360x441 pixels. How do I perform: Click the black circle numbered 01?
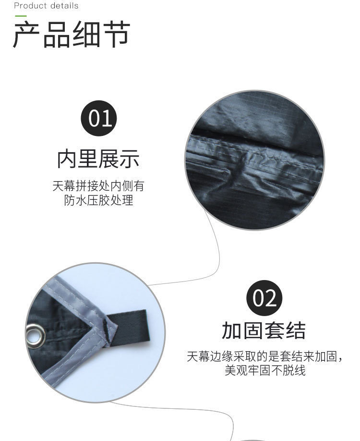[x=100, y=118]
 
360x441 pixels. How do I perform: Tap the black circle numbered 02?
[x=264, y=298]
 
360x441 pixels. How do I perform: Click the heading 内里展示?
[x=98, y=159]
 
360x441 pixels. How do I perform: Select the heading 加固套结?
[x=264, y=331]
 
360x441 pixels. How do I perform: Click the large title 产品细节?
[x=72, y=35]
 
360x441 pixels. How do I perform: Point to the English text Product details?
[x=46, y=6]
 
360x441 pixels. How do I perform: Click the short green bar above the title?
[x=21, y=16]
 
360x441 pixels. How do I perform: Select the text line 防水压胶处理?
[x=98, y=200]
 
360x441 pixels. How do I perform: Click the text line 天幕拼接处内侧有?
[x=98, y=186]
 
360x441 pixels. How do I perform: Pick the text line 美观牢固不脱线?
[x=265, y=371]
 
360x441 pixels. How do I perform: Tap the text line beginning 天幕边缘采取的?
[x=265, y=357]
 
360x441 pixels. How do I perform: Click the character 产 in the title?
[x=27, y=35]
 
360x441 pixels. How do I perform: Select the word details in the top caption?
[x=62, y=6]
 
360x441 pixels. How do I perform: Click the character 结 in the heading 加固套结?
[x=296, y=331]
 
